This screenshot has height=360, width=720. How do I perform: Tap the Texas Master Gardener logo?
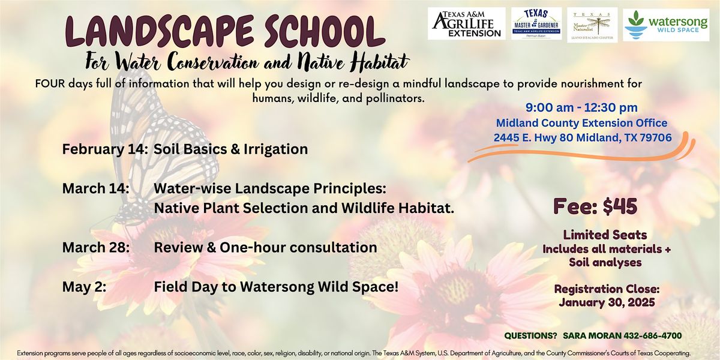click(536, 24)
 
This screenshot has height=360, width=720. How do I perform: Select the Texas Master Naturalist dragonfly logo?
click(592, 24)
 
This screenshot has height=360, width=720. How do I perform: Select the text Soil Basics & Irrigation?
click(230, 149)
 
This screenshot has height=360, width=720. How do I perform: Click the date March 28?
click(95, 247)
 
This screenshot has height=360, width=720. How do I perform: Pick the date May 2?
click(85, 287)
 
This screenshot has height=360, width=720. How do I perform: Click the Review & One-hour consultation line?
click(265, 247)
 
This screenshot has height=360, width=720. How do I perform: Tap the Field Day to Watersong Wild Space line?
click(276, 287)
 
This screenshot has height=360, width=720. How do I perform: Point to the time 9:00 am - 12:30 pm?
click(581, 109)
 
